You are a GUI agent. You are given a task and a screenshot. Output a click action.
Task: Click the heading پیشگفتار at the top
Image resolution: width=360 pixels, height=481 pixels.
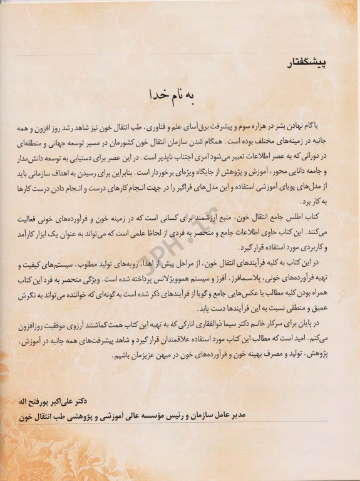(303, 62)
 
